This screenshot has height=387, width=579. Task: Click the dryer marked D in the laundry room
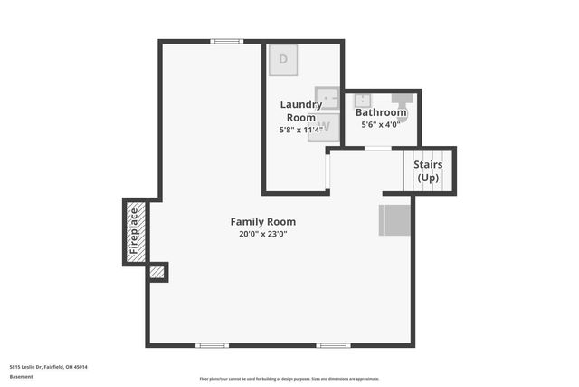coord(284,59)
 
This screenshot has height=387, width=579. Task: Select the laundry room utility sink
coord(326,97)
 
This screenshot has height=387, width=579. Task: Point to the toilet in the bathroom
coord(403,110)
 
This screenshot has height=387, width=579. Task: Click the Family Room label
coord(262,221)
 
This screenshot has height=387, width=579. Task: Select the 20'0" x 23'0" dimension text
coord(262,234)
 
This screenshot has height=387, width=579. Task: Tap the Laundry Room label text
coord(301,111)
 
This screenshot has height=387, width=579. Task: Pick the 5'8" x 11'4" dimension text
coord(301,130)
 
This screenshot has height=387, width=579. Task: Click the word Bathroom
coord(381,112)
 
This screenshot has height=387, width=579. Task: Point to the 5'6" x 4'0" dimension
coord(381,124)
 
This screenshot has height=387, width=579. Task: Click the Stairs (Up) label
coord(428,170)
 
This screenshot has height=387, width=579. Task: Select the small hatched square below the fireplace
coord(157,272)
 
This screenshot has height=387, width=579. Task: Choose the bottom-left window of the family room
coord(212,345)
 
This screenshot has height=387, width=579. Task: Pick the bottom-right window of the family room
coord(333,345)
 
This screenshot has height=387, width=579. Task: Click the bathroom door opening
coord(377,148)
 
